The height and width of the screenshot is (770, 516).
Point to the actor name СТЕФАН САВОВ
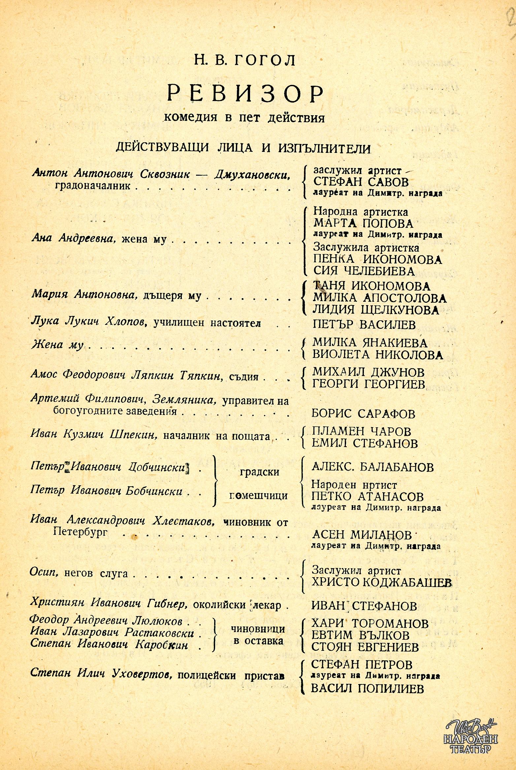(361, 182)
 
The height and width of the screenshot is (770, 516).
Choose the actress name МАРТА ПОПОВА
(363, 224)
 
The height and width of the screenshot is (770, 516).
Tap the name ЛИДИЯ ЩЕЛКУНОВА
(376, 310)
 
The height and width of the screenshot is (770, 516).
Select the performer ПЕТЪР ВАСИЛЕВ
(364, 325)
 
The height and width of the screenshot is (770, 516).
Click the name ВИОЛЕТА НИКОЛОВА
(377, 355)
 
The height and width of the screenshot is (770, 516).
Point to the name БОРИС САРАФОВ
(363, 414)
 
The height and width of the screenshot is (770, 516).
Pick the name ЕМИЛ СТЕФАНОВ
(365, 443)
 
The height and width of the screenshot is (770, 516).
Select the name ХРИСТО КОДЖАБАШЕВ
(381, 583)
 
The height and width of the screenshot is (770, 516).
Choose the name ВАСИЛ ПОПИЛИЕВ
(368, 688)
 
